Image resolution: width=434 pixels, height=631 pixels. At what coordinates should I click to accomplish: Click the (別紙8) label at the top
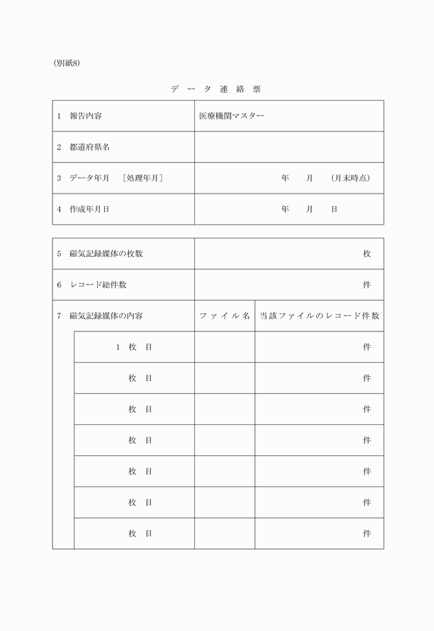67,63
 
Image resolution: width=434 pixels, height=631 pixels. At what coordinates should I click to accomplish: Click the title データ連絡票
216,89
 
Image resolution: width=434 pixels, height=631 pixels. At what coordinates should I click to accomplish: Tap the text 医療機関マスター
231,116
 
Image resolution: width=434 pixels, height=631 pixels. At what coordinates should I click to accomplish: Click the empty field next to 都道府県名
289,147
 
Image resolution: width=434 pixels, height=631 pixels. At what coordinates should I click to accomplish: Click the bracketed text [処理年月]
143,178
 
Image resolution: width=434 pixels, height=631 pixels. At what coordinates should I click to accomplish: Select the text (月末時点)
350,178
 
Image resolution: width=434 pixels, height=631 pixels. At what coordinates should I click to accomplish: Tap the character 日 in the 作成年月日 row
334,209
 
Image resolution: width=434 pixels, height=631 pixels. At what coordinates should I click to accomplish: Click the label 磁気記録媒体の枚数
106,254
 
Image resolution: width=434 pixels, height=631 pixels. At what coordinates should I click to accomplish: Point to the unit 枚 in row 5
367,254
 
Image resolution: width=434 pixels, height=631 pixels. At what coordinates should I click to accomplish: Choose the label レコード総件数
98,285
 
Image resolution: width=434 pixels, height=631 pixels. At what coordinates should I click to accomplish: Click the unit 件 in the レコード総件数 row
367,285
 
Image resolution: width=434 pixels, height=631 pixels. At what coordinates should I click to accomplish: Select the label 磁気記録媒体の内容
106,315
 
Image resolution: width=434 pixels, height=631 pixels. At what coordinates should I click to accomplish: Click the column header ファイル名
225,315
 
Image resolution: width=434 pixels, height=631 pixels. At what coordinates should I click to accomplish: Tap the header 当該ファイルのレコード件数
319,315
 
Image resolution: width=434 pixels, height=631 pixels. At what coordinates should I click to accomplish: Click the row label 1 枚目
134,346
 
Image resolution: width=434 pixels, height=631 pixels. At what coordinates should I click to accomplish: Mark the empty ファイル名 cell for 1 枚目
225,346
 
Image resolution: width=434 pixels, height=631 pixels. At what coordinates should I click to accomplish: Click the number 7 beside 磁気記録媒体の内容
59,315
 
